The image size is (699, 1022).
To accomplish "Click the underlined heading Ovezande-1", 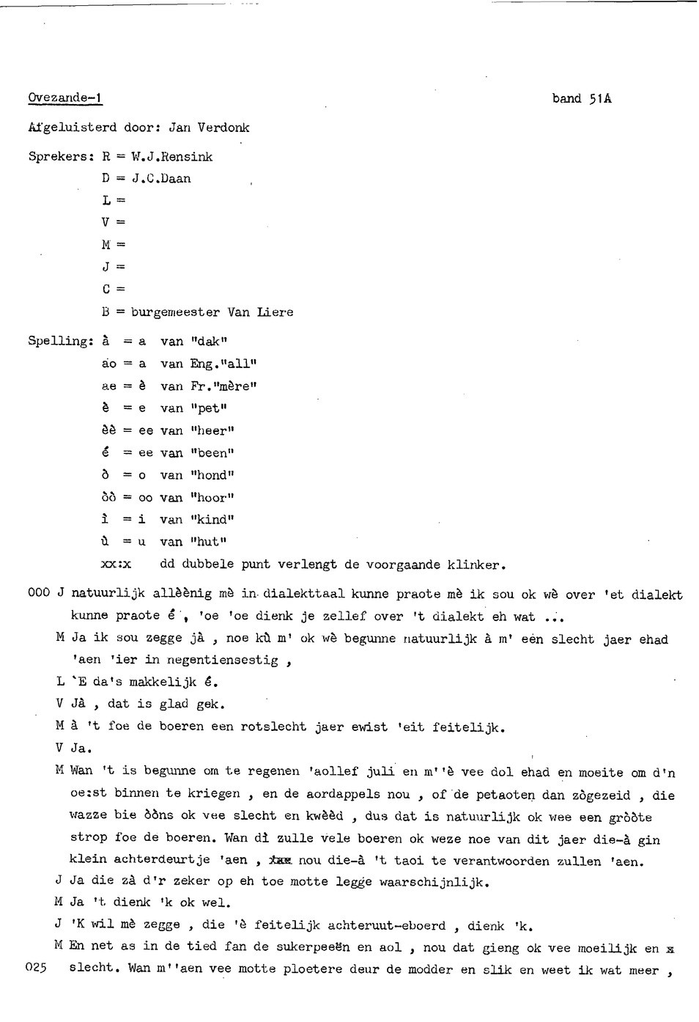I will tap(65, 98).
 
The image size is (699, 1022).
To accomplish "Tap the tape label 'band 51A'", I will tap(582, 98).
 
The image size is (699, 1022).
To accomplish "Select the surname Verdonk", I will tap(223, 128).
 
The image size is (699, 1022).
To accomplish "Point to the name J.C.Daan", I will tap(161, 178).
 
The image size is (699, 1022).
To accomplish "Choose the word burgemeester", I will tap(176, 312).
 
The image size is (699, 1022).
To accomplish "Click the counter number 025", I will tap(37, 967).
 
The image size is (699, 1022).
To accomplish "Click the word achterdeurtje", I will tap(150, 859).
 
